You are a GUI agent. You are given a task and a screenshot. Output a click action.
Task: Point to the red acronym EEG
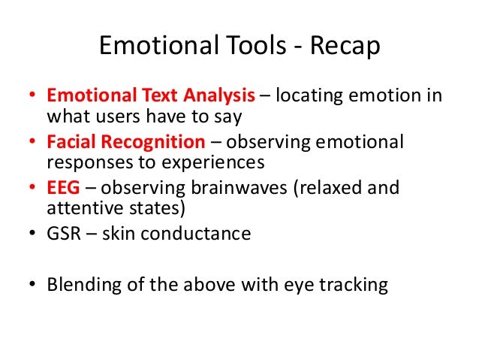(62, 188)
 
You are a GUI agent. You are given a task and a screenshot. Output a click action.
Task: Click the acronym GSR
(64, 233)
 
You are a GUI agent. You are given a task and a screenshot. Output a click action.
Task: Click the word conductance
(197, 233)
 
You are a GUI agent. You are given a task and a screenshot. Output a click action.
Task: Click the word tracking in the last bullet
(355, 285)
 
